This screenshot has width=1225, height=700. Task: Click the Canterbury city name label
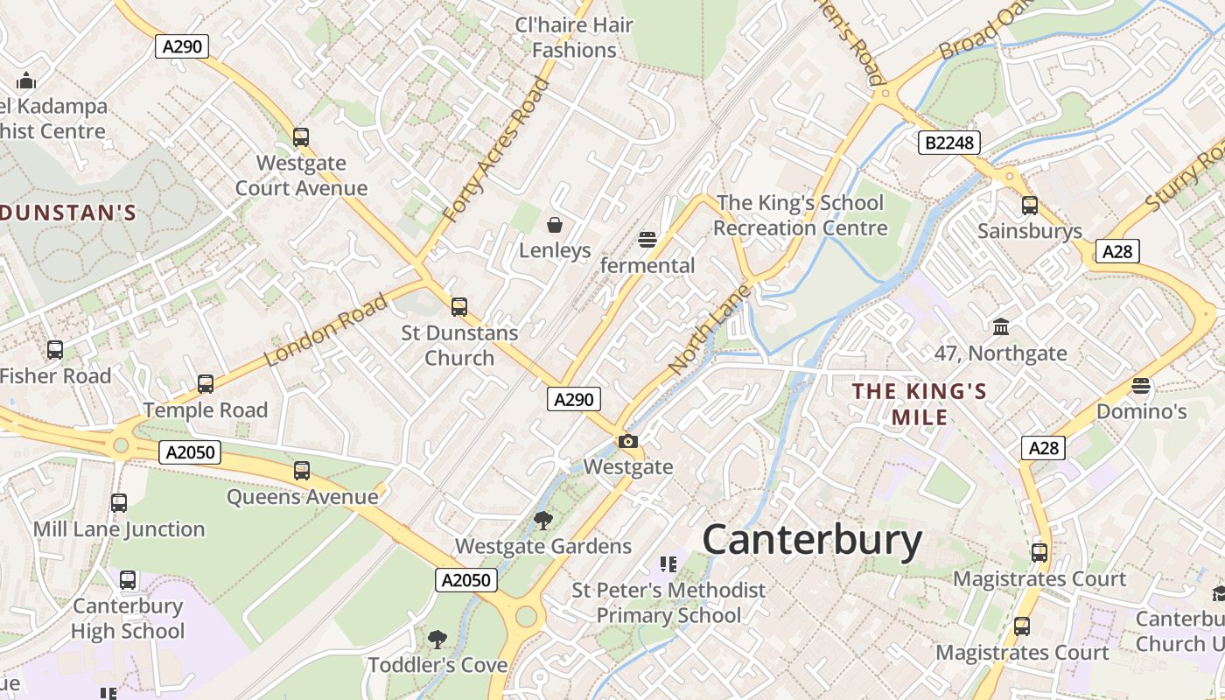click(812, 539)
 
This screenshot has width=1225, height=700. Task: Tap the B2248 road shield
click(949, 143)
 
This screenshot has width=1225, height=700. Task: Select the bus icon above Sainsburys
click(1030, 206)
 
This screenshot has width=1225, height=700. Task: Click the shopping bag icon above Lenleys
click(555, 226)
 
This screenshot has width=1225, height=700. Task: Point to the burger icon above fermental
click(647, 240)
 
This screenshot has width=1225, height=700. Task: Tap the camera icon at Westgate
click(627, 442)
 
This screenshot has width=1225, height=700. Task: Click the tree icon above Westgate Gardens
click(542, 521)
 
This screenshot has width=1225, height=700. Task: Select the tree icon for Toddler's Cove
click(437, 640)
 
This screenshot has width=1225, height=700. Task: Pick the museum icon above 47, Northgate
click(1001, 327)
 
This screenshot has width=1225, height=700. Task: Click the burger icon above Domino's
click(1141, 385)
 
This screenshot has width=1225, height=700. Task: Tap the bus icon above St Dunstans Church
click(459, 307)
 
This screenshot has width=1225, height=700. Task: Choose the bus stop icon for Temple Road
click(206, 384)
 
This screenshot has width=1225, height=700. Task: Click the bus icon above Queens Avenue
click(302, 471)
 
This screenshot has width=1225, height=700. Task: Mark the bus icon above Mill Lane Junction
click(119, 503)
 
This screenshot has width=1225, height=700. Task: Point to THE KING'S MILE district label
click(920, 404)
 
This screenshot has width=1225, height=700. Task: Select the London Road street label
click(326, 331)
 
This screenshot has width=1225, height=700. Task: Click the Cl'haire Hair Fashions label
click(574, 38)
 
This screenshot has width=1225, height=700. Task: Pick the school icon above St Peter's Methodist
click(669, 564)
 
